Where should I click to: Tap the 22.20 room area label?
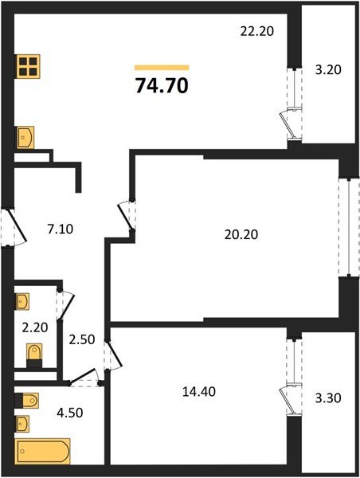(256, 31)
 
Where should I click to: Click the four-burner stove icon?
(28, 67)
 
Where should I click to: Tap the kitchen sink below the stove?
(25, 137)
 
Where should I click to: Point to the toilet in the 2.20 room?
(34, 354)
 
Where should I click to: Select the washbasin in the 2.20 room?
(23, 302)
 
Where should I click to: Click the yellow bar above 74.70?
(162, 68)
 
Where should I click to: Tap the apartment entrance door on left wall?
(6, 227)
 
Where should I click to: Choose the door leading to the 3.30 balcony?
(292, 375)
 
